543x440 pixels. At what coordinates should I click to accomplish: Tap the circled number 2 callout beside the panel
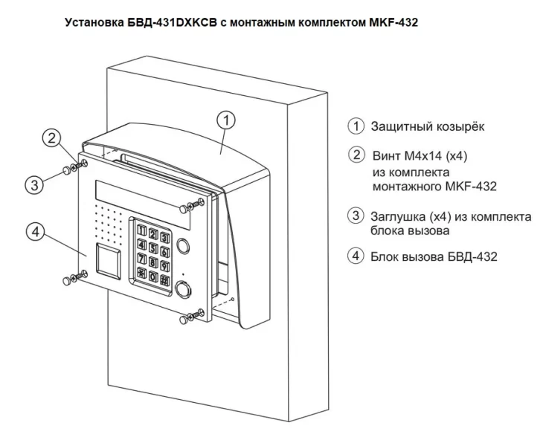51,138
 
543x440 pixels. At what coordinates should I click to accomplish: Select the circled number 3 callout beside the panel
34,184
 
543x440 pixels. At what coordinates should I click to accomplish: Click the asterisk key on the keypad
139,276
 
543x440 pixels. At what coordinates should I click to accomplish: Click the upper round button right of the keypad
184,246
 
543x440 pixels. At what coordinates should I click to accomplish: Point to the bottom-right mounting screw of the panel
186,320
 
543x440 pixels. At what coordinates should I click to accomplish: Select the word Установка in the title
97,23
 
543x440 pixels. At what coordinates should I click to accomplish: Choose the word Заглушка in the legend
399,216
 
